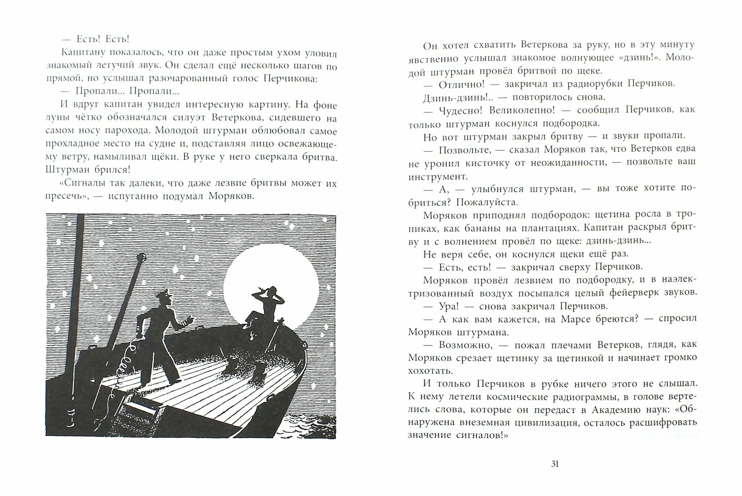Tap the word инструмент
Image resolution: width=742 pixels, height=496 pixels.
(436, 176)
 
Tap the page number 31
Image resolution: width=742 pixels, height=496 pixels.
(555, 464)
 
